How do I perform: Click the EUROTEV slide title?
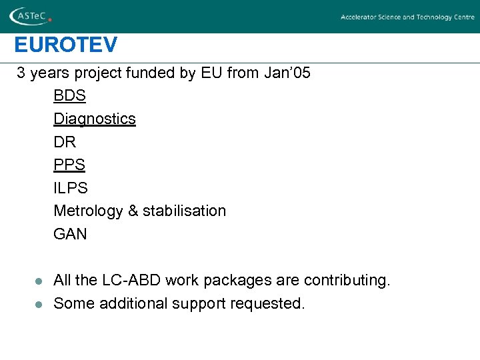click(x=66, y=45)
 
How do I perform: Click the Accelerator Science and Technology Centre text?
click(x=407, y=17)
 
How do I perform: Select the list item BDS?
click(x=69, y=96)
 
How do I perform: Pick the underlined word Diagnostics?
click(x=95, y=119)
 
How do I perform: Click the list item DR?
click(x=65, y=142)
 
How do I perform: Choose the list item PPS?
click(x=69, y=165)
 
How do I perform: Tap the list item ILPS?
click(x=70, y=188)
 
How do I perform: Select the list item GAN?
click(x=70, y=234)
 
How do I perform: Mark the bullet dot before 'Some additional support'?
click(x=39, y=304)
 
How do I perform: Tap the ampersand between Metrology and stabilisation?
click(x=133, y=211)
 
